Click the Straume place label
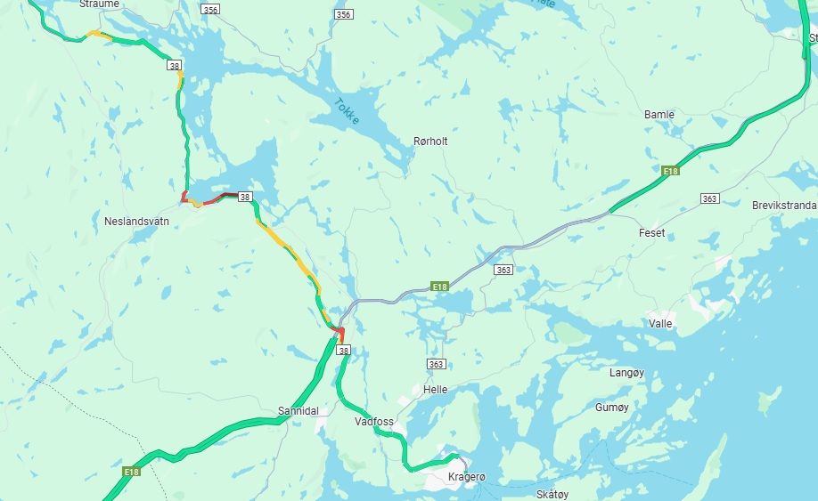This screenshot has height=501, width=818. [x=99, y=4]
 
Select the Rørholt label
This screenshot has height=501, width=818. [x=430, y=141]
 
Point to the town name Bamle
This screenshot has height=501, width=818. [x=659, y=115]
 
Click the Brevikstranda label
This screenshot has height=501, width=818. [x=783, y=206]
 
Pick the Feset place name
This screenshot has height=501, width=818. [x=651, y=233]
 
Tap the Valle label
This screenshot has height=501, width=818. [x=660, y=324]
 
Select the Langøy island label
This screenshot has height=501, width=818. [x=626, y=373]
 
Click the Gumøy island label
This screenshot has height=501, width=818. [x=611, y=408]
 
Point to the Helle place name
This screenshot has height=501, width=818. [x=436, y=390]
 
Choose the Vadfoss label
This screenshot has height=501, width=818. [x=373, y=422]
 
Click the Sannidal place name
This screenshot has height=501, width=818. [x=298, y=411]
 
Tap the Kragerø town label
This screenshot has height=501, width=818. [x=467, y=478]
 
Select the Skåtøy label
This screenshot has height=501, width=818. [x=552, y=494]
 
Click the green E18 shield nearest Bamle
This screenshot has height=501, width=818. [x=671, y=170]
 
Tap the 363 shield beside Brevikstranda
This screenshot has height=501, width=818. [x=709, y=198]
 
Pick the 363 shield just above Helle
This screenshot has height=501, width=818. [x=436, y=364]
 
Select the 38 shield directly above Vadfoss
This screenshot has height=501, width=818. [x=344, y=352]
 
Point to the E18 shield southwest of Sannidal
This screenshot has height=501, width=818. [x=132, y=472]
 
